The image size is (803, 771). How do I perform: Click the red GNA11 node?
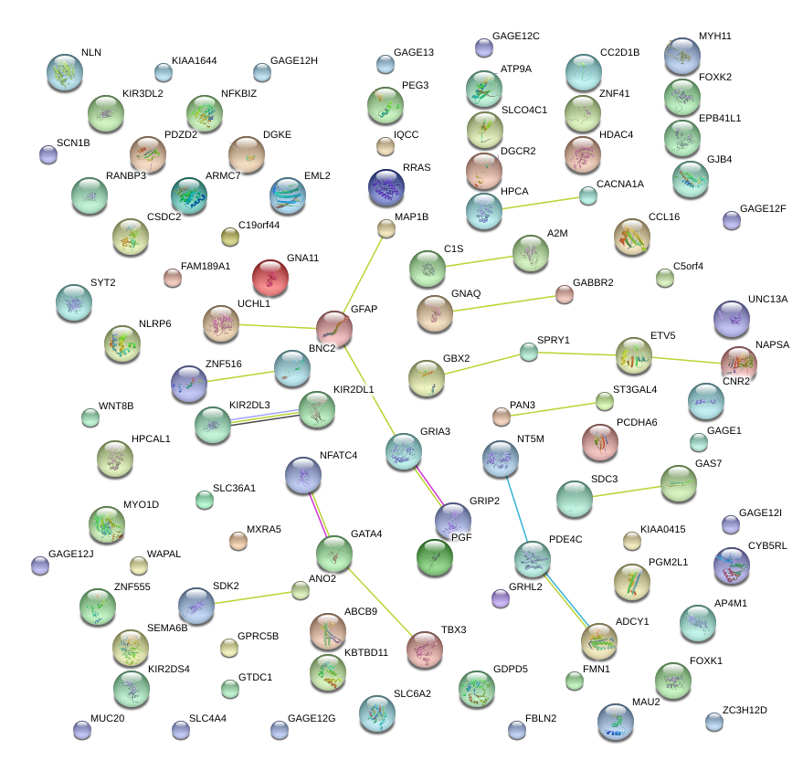[270, 278]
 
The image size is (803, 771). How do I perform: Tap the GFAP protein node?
[334, 328]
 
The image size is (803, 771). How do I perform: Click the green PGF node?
[434, 557]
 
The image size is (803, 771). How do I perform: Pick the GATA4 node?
[334, 553]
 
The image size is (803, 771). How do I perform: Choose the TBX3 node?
[424, 649]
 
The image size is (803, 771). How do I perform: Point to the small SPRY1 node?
[529, 351]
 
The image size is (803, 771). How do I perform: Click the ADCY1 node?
[599, 640]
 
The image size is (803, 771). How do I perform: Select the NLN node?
[65, 72]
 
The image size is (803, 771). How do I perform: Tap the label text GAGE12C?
[516, 37]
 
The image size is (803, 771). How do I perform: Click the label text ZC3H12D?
[745, 710]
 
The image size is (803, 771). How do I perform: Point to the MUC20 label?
[108, 719]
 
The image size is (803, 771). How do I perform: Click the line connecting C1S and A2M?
[479, 261]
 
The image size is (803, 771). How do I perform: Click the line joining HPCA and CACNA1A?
[539, 203]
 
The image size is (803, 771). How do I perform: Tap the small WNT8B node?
[90, 418]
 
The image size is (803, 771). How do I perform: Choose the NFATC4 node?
[303, 474]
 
